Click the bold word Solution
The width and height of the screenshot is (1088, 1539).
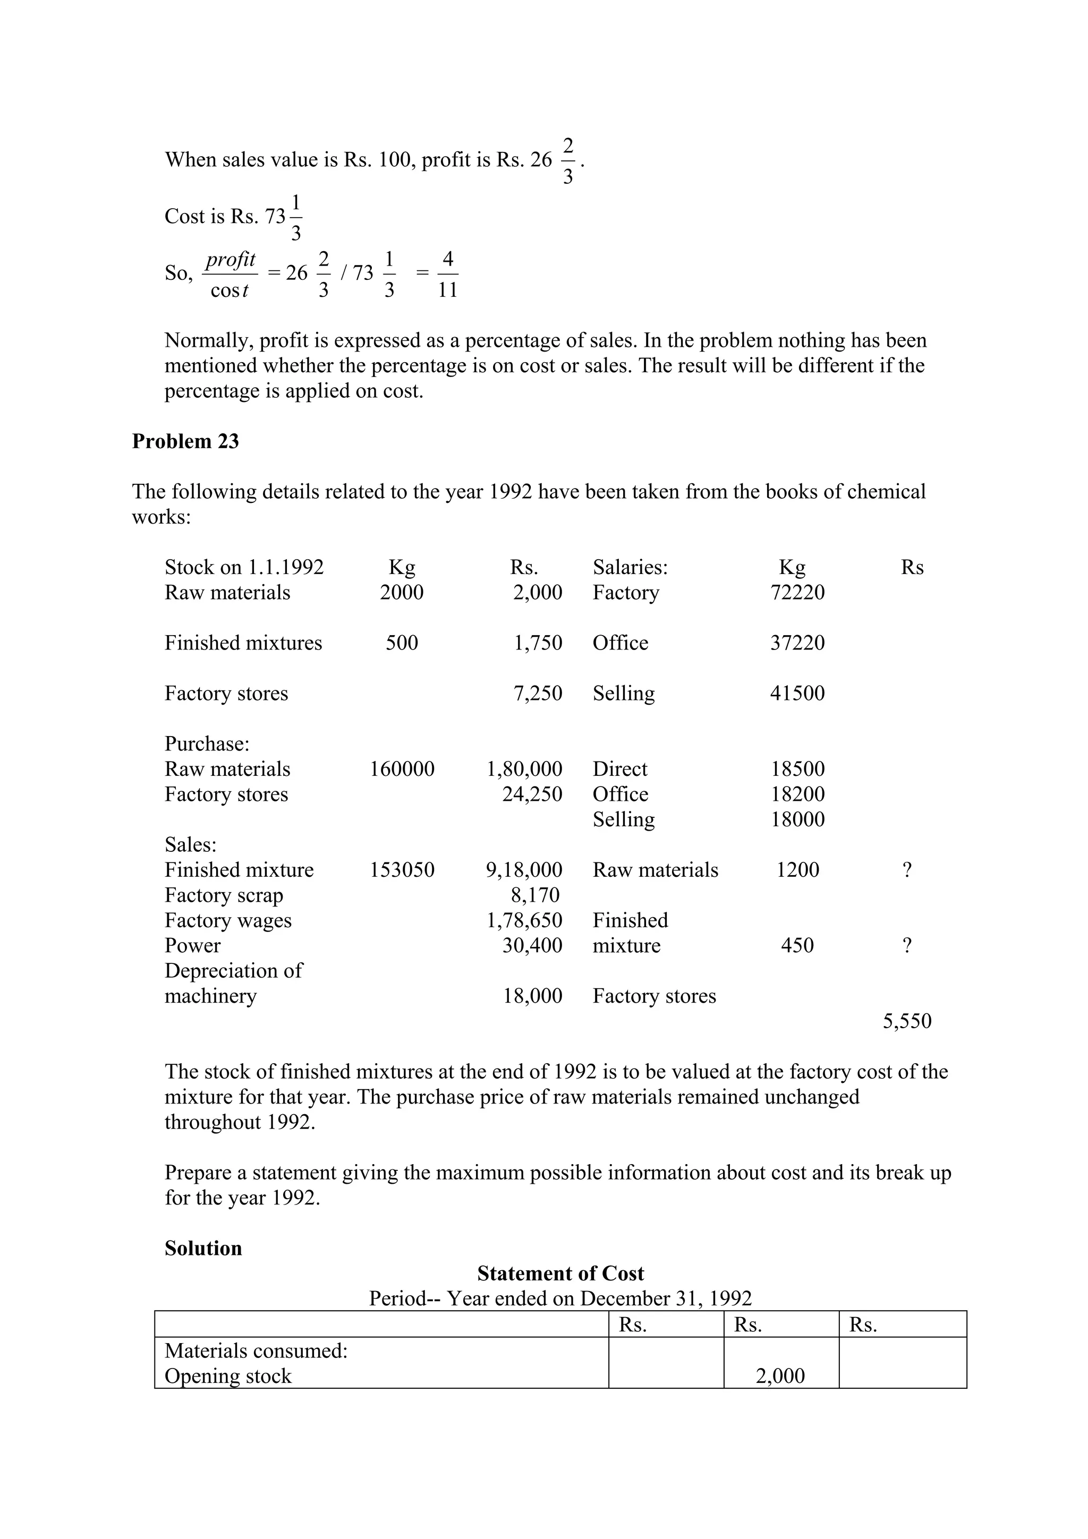(x=203, y=1248)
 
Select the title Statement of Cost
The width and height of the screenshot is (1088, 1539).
(x=560, y=1273)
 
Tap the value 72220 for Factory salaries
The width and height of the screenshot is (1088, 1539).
(x=797, y=593)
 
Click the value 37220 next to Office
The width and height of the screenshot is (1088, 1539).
(x=797, y=643)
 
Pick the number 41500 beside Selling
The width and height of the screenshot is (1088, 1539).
(x=797, y=693)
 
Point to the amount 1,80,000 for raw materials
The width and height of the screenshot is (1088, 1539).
(x=524, y=769)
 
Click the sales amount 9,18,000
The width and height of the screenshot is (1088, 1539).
(x=524, y=870)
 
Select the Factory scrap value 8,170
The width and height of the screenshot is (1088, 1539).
(x=534, y=895)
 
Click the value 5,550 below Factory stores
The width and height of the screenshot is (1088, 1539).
(x=906, y=1021)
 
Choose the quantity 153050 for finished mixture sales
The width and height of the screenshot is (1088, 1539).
(x=402, y=870)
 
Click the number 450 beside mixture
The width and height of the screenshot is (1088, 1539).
(x=797, y=945)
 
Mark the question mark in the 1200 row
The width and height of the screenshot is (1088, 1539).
(x=906, y=870)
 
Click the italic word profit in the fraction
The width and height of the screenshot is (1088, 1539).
(x=230, y=259)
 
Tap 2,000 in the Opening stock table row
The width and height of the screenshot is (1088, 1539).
(x=780, y=1375)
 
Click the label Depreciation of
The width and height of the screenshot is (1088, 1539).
(x=233, y=971)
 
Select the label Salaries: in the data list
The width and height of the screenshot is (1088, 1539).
(x=630, y=568)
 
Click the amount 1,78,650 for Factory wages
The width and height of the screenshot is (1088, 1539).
(x=524, y=920)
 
